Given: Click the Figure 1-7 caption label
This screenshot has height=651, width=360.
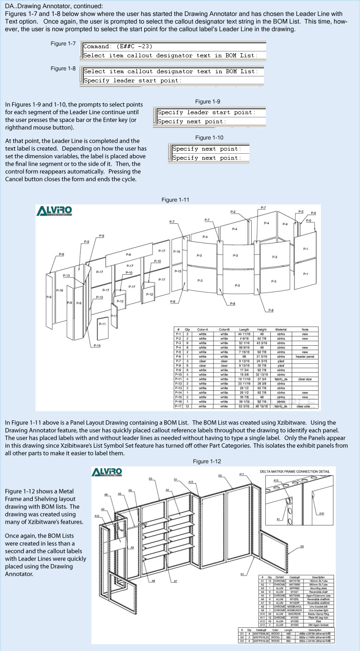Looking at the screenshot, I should (63, 43).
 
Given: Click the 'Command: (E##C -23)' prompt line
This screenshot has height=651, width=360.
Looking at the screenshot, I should (118, 46).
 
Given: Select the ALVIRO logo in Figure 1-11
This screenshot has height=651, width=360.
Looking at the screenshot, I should (54, 211).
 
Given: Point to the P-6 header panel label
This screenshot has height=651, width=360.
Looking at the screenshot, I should (128, 255).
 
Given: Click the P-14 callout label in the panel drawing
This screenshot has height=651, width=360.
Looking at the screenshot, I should (97, 346).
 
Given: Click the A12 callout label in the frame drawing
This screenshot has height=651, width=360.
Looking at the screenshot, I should (97, 516).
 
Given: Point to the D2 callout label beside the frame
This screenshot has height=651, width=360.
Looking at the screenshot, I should (302, 546).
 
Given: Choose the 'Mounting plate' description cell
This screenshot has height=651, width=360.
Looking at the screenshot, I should (314, 587).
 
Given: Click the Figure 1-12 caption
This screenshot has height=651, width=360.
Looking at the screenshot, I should (207, 461).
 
